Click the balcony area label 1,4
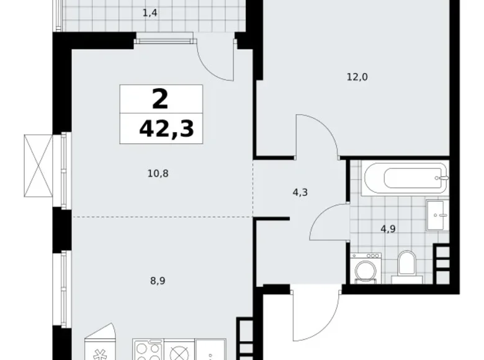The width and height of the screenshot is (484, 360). click(149, 12)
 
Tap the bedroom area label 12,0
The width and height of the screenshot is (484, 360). click(357, 78)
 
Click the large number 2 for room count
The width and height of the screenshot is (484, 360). click(160, 99)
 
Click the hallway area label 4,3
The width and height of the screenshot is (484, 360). click(300, 192)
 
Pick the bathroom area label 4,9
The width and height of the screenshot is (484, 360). click(389, 227)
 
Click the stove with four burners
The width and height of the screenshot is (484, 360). click(148, 350)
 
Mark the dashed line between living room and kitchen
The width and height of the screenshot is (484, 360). click(161, 217)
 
